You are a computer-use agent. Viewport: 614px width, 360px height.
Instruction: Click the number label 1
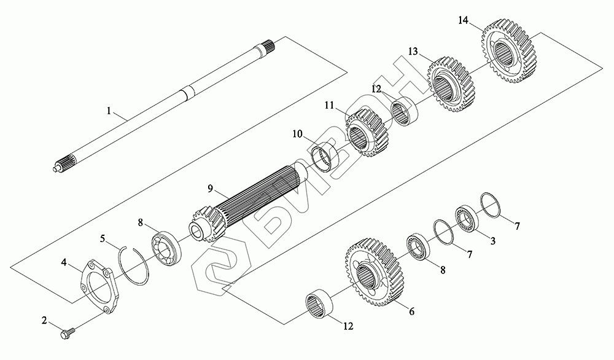pyautogui.click(x=109, y=111)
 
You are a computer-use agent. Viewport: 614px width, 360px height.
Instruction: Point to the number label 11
pyautogui.click(x=330, y=106)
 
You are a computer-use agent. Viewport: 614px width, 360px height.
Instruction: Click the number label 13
pyautogui.click(x=413, y=50)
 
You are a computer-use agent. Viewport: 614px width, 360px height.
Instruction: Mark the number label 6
pyautogui.click(x=412, y=311)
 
